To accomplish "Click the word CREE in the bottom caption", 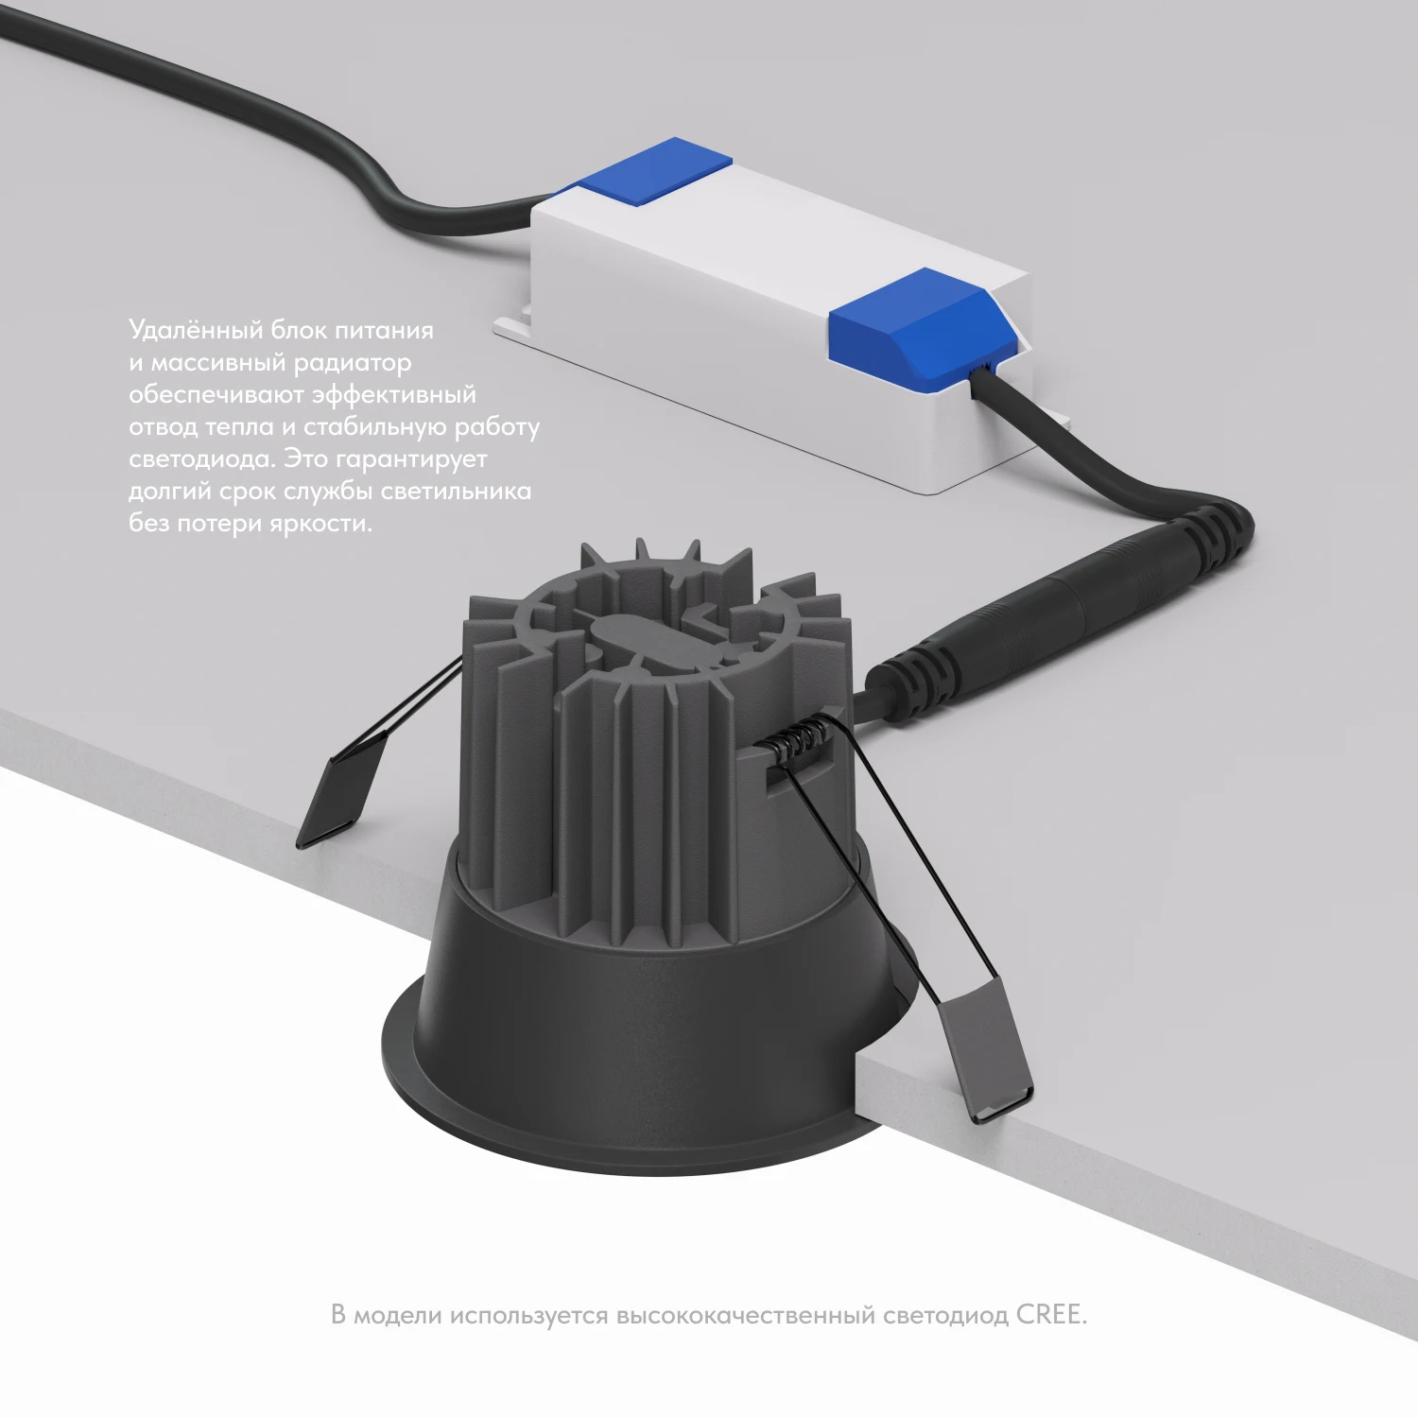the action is (1051, 1315).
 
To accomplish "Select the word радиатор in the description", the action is (353, 363).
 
